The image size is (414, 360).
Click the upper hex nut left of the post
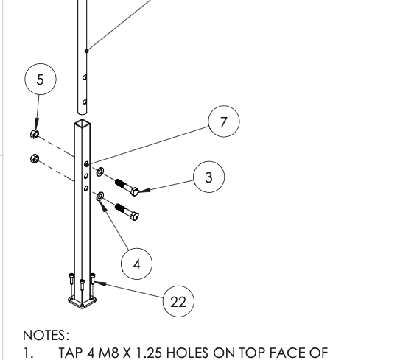tap(35, 134)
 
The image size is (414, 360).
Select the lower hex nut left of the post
tap(35, 158)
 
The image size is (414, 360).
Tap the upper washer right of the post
tap(100, 172)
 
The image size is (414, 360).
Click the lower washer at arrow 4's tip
tap(100, 197)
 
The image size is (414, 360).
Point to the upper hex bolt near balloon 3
tap(127, 187)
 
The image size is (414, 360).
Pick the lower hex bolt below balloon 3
tap(127, 212)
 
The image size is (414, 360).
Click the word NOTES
tap(46, 336)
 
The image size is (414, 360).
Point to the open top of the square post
tap(82, 123)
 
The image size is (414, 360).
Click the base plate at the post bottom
tap(82, 303)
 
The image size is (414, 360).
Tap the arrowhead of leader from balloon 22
tap(100, 283)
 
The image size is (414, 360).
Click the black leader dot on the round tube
tap(87, 51)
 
